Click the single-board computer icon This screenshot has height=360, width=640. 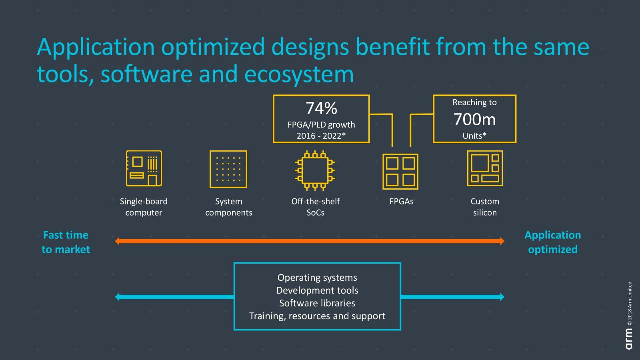coord(144,168)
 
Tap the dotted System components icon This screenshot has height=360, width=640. coord(228,169)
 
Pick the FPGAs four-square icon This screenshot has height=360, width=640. coord(400,172)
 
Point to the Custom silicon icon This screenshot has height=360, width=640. coord(485,168)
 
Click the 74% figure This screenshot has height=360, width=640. coord(321,108)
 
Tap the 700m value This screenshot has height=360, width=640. coord(474,119)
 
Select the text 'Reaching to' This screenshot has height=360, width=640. coord(474,102)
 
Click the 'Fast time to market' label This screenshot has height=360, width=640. coord(66,242)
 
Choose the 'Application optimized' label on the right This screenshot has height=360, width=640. coord(552,242)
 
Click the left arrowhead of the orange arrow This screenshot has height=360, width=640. coord(118,241)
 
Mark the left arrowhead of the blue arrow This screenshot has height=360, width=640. coord(118,297)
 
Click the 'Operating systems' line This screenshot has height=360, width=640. coord(317,278)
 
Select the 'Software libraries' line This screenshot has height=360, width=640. coord(317,303)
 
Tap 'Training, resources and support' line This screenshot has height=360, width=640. coord(317,316)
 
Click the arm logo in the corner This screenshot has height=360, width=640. coord(629,338)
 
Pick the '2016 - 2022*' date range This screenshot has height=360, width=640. coord(321,136)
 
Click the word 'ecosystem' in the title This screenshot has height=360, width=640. coord(299,74)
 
